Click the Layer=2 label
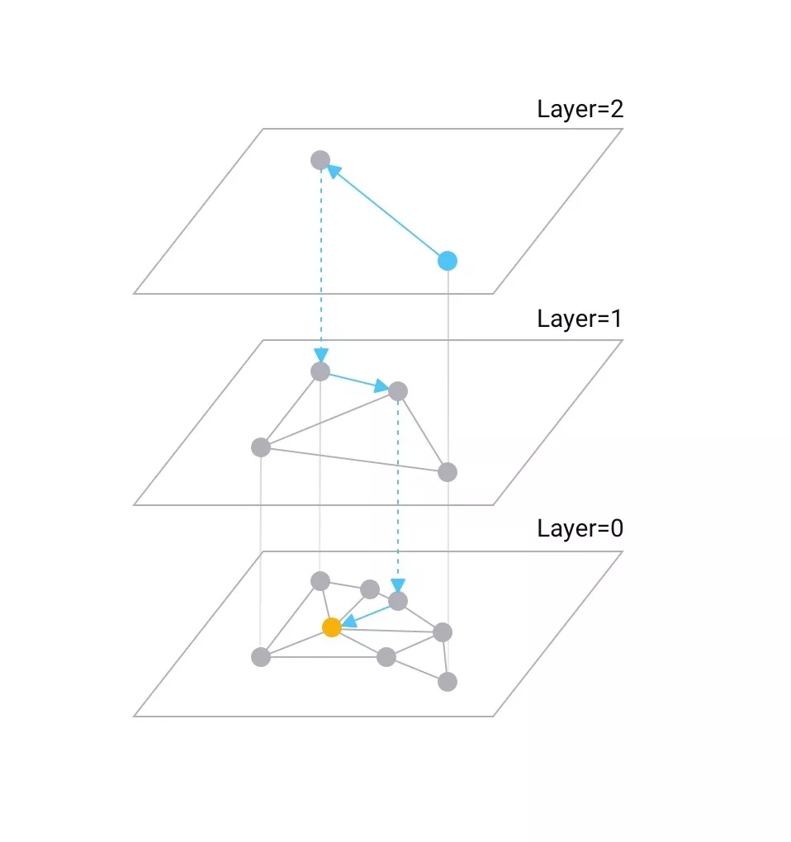[x=580, y=110]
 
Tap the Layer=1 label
[x=580, y=319]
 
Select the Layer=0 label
[x=580, y=529]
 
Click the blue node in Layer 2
[x=447, y=261]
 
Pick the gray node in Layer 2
[x=320, y=160]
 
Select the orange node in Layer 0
[x=332, y=627]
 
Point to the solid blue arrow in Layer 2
[x=384, y=210]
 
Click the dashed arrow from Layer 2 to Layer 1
[x=320, y=264]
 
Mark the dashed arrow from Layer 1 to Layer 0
[x=398, y=495]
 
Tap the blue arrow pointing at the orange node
[x=366, y=614]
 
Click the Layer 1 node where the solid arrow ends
[x=398, y=390]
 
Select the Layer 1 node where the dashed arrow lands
[x=320, y=371]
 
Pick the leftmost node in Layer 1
[x=261, y=447]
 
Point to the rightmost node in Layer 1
[x=447, y=472]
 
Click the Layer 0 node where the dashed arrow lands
[x=398, y=601]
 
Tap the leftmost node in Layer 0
[x=261, y=657]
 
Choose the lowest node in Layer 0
[x=447, y=682]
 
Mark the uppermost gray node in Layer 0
[x=320, y=581]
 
